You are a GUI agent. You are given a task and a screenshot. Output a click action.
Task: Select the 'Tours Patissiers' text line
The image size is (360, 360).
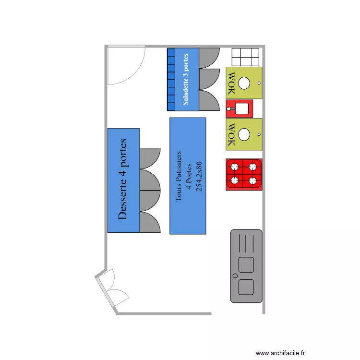pos(179,176)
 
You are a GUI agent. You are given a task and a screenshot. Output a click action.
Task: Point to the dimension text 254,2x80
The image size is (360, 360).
pos(199,176)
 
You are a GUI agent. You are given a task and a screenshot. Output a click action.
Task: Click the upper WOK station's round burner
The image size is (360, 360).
pos(244,83)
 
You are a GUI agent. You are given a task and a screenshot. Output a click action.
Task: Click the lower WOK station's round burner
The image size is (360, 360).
pos(244,134)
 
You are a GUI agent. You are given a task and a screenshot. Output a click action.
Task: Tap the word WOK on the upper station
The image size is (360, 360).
pos(231,83)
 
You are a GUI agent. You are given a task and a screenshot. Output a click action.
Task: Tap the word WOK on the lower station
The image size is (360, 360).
pos(231,134)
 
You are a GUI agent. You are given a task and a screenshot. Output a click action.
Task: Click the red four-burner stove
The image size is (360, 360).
pos(244,174)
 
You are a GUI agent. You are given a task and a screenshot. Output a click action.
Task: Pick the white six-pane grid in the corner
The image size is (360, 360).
pos(246,57)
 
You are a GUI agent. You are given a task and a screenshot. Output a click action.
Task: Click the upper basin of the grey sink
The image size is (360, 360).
pos(246,264)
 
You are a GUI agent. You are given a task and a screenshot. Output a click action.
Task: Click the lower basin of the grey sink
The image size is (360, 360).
pos(246,287)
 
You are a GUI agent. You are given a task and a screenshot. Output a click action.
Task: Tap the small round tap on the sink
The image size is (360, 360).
pos(235,276)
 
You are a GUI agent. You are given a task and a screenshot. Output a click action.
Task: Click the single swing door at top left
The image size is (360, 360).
pos(125,65)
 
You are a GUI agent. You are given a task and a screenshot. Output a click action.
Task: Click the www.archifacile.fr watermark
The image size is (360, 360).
pos(281,352)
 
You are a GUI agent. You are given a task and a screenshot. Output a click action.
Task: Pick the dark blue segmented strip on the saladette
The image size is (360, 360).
pos(171,79)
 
